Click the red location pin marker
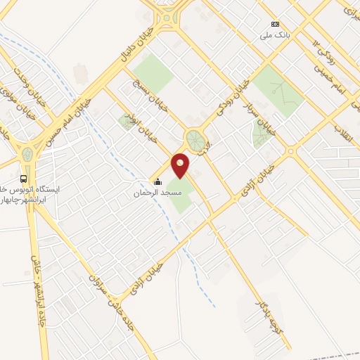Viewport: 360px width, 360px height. (x=180, y=165)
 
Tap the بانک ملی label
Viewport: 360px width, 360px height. (x=274, y=34)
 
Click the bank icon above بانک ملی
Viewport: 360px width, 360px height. (x=274, y=24)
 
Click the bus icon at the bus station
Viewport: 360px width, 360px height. (x=25, y=179)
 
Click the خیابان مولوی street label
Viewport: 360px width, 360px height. (x=17, y=107)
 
